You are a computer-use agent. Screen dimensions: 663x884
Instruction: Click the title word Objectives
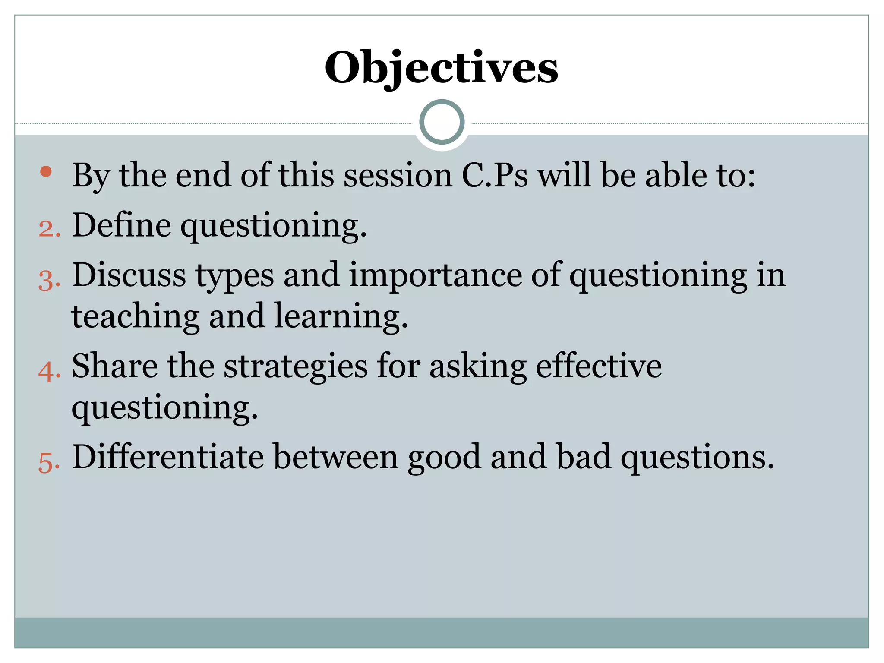tap(441, 68)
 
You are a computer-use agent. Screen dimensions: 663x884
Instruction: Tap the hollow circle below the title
tap(442, 122)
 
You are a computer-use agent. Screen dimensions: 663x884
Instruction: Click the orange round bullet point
tap(46, 172)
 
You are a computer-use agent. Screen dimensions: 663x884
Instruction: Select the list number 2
tap(49, 229)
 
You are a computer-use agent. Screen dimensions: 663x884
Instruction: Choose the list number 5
tap(49, 463)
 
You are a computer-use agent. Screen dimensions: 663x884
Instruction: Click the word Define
tap(121, 225)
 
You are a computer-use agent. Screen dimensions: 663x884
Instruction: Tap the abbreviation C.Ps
tap(495, 176)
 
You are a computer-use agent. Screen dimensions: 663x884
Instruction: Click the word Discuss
tap(129, 275)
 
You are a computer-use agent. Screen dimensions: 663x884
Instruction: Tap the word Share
tap(115, 366)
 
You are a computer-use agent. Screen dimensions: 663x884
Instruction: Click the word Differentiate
tap(168, 457)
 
